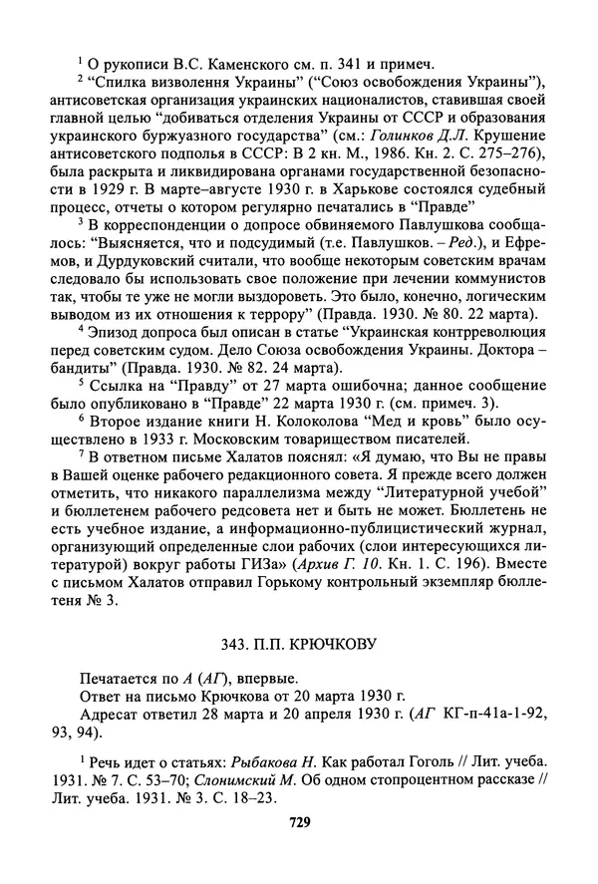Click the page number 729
[x=300, y=822]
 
